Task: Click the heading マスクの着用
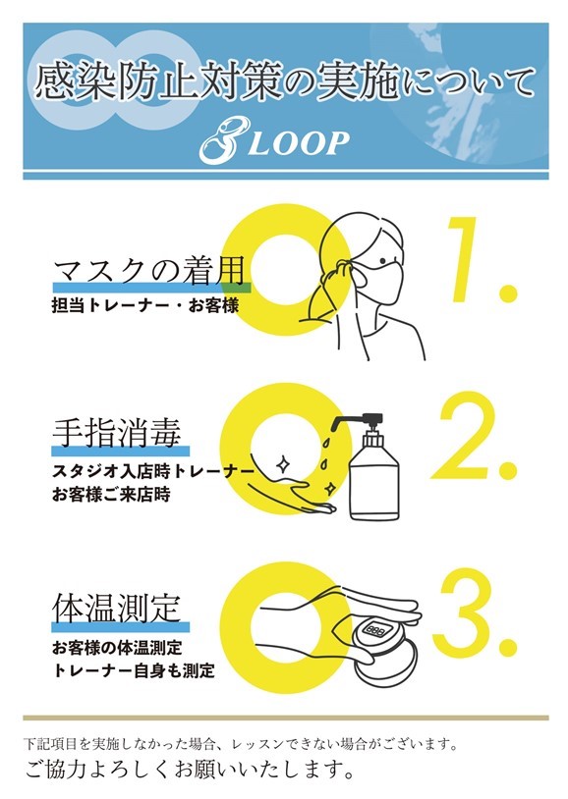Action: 149,270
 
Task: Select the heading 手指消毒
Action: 117,433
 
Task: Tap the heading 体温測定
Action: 117,608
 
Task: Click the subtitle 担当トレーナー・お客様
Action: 145,305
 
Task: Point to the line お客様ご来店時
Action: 111,495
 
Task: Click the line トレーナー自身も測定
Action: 134,670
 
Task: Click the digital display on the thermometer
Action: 375,630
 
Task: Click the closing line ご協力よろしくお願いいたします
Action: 190,770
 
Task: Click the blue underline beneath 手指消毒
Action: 121,451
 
